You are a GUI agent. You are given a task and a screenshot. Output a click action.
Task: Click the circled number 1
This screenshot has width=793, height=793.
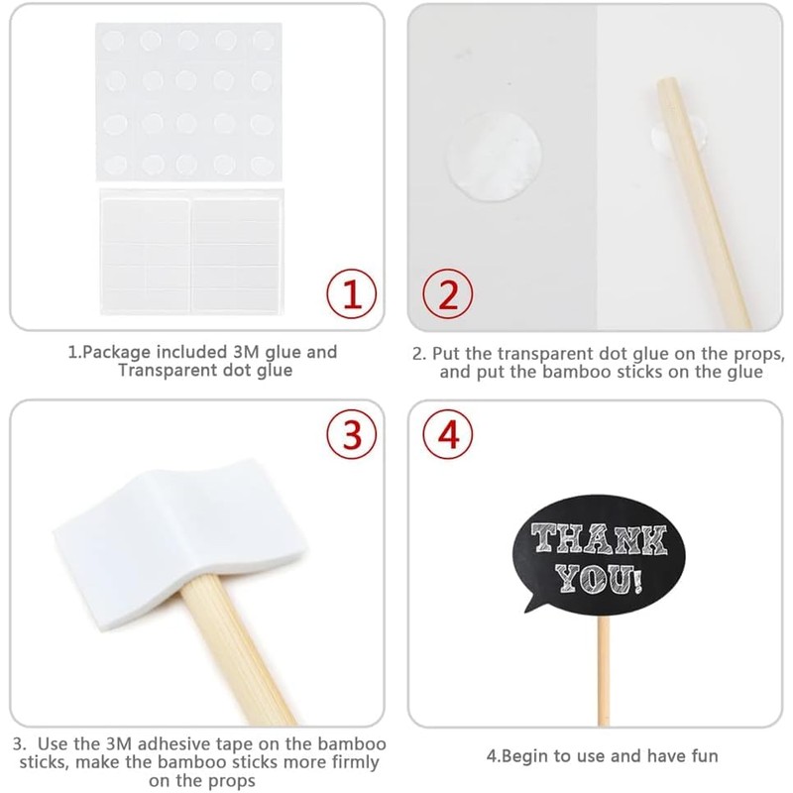click(x=351, y=293)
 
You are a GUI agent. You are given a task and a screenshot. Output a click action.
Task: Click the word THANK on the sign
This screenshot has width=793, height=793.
click(x=597, y=541)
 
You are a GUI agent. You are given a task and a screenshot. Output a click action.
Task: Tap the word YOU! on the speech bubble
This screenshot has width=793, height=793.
click(x=597, y=578)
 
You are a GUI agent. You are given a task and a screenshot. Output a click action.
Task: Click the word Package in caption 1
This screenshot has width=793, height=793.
click(x=110, y=352)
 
